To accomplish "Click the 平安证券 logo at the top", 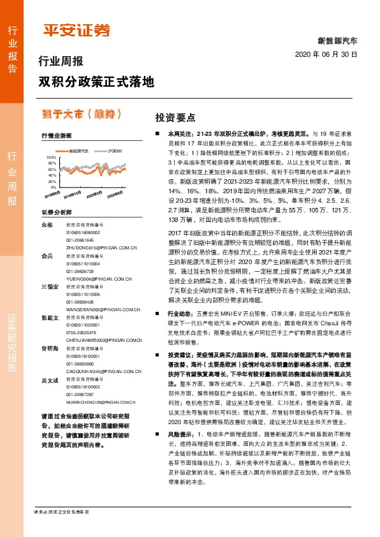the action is (x=76, y=30).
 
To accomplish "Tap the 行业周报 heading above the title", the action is (x=61, y=63).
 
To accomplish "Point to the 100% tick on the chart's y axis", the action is (x=51, y=156).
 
